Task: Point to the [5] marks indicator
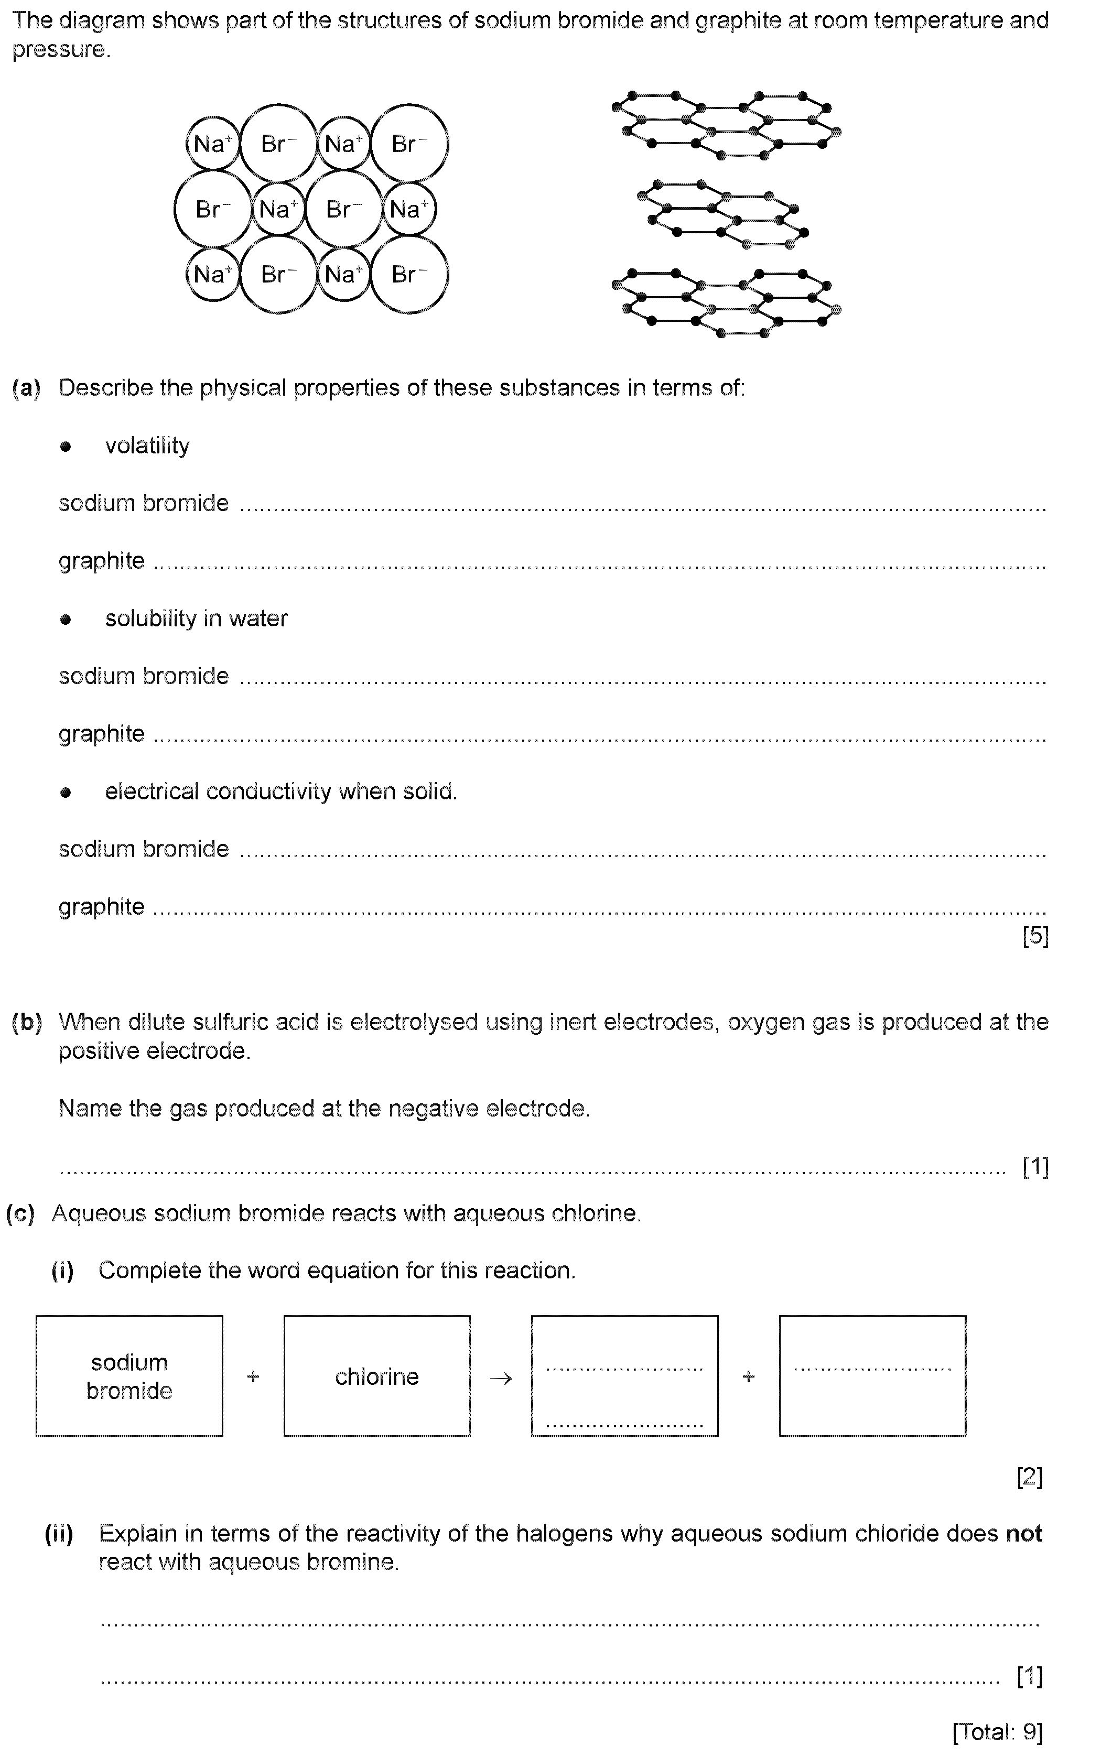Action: tap(1035, 936)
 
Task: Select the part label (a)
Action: tap(26, 388)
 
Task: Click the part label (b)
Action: tap(26, 1023)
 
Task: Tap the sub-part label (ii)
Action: tap(59, 1534)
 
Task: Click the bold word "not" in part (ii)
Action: tap(1024, 1534)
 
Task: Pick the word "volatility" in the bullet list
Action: tap(147, 446)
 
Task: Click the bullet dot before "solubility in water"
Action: tap(66, 620)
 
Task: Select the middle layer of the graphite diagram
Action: tap(721, 214)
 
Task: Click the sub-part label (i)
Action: tap(62, 1271)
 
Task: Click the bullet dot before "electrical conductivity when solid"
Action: tap(66, 793)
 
